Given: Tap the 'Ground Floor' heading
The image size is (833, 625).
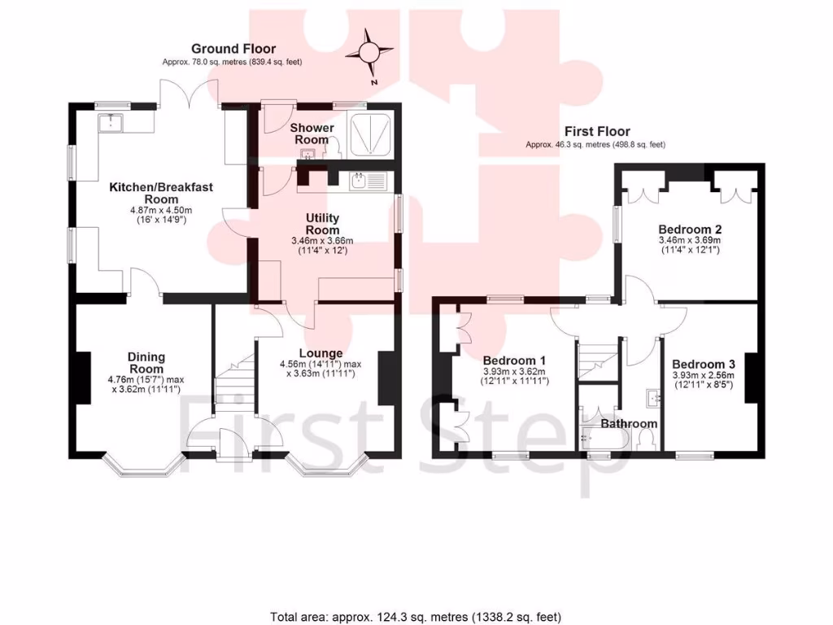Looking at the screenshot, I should tap(233, 49).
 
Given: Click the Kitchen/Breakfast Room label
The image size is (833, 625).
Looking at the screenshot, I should tap(161, 193).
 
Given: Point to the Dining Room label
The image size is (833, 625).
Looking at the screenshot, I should tap(146, 362).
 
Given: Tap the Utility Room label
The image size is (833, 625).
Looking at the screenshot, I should tap(323, 224).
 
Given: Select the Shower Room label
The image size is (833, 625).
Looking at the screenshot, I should tap(312, 133).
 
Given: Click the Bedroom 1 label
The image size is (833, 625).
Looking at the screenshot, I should tap(514, 361).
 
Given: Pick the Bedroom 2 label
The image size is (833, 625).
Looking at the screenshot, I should tap(690, 229).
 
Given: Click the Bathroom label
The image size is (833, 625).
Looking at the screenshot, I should tap(629, 423).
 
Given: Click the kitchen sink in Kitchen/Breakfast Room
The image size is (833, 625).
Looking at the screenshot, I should tap(109, 123).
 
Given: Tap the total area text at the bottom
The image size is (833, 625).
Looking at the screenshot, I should tap(416, 616).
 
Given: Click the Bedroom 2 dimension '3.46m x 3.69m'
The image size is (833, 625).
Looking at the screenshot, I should tap(690, 241).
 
